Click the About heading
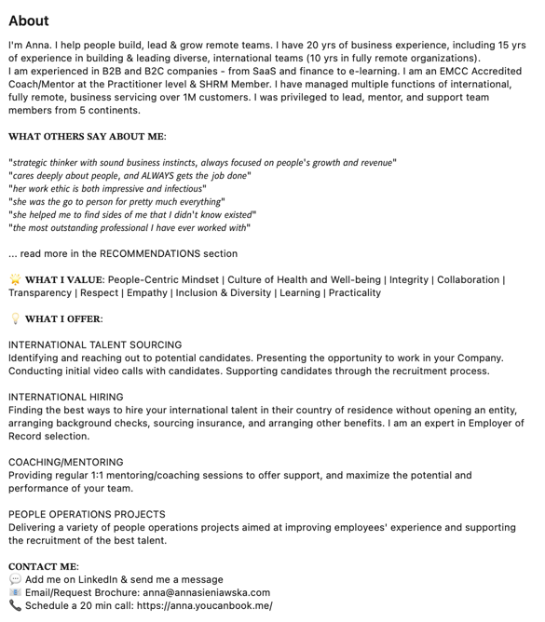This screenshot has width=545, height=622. (x=29, y=20)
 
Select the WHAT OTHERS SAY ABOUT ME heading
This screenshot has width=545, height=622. (x=87, y=136)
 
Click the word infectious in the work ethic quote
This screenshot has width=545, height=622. (x=177, y=188)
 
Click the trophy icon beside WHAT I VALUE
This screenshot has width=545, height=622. (x=15, y=279)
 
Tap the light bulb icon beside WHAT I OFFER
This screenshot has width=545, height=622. (x=15, y=318)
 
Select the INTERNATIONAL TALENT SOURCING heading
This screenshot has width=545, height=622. (x=95, y=345)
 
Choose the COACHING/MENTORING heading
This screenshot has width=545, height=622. (x=66, y=462)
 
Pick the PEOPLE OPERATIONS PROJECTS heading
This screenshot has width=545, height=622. (x=87, y=514)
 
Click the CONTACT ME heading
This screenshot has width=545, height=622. (x=43, y=566)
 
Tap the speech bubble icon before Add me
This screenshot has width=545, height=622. (x=15, y=579)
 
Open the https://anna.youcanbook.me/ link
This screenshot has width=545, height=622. (x=204, y=605)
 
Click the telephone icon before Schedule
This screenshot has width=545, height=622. (x=15, y=605)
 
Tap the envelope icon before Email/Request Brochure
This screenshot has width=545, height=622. (x=15, y=592)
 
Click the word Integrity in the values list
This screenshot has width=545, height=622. (x=409, y=279)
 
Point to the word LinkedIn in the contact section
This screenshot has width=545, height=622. (x=102, y=579)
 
